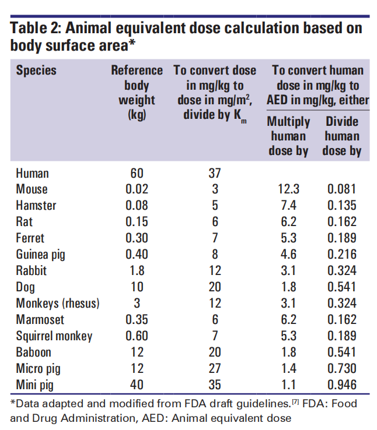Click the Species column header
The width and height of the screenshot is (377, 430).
(36, 71)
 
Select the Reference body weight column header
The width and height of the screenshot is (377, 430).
(137, 92)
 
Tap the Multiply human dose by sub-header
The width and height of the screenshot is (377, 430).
(288, 136)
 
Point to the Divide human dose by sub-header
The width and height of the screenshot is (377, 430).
(342, 136)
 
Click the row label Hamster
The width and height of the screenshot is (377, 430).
(36, 205)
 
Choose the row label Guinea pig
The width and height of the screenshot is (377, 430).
(43, 254)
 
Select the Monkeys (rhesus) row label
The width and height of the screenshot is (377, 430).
(58, 303)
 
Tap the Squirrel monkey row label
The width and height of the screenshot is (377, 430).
(54, 336)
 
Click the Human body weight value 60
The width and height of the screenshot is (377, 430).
(137, 173)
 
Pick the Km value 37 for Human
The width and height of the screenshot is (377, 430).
(215, 173)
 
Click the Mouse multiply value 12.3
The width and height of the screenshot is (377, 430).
(288, 189)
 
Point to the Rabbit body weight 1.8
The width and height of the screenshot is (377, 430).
(137, 270)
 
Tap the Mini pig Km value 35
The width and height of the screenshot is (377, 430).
(215, 385)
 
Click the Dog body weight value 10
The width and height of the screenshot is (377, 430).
(137, 287)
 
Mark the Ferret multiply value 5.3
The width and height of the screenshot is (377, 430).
(288, 238)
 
